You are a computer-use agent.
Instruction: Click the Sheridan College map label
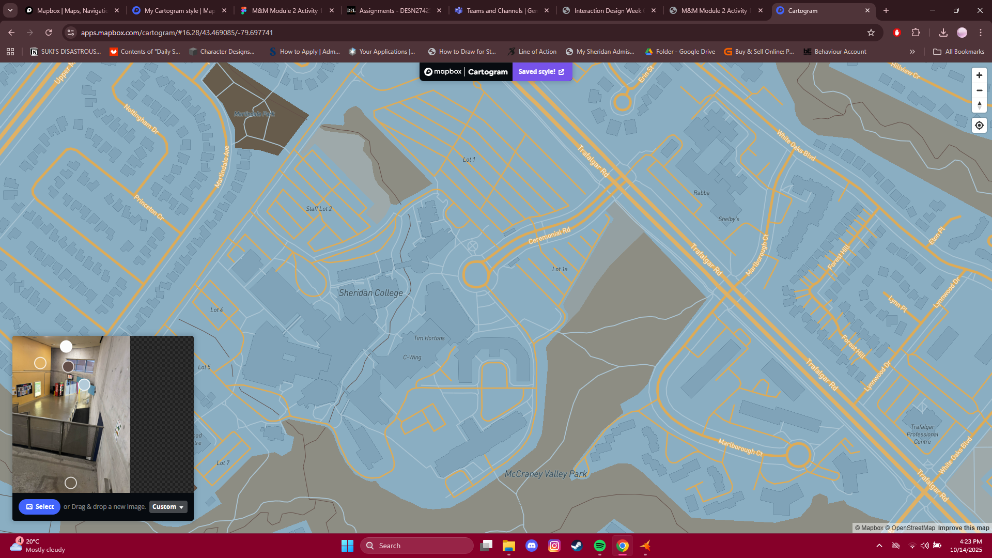click(x=370, y=293)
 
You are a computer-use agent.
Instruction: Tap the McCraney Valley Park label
click(x=546, y=474)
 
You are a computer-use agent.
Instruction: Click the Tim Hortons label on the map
click(x=429, y=338)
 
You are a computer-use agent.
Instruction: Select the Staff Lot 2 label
click(x=319, y=209)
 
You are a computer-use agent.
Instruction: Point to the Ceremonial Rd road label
click(x=549, y=236)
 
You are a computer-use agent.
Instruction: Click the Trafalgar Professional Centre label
click(x=922, y=434)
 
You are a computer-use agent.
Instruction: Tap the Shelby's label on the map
click(x=729, y=219)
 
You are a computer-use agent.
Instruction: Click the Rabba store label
click(x=701, y=193)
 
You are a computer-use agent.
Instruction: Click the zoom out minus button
click(x=979, y=90)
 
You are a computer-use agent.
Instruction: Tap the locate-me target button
click(x=979, y=126)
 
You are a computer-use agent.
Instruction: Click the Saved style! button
click(x=541, y=72)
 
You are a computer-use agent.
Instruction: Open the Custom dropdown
click(x=168, y=507)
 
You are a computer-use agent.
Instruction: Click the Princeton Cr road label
click(x=149, y=207)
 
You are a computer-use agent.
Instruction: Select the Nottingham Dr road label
click(x=141, y=119)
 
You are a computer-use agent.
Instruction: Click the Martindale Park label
click(x=254, y=114)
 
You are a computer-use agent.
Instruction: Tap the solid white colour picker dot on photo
click(x=66, y=347)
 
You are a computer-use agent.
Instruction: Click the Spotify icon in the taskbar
click(x=599, y=546)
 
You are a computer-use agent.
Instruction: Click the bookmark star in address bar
click(x=871, y=33)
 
